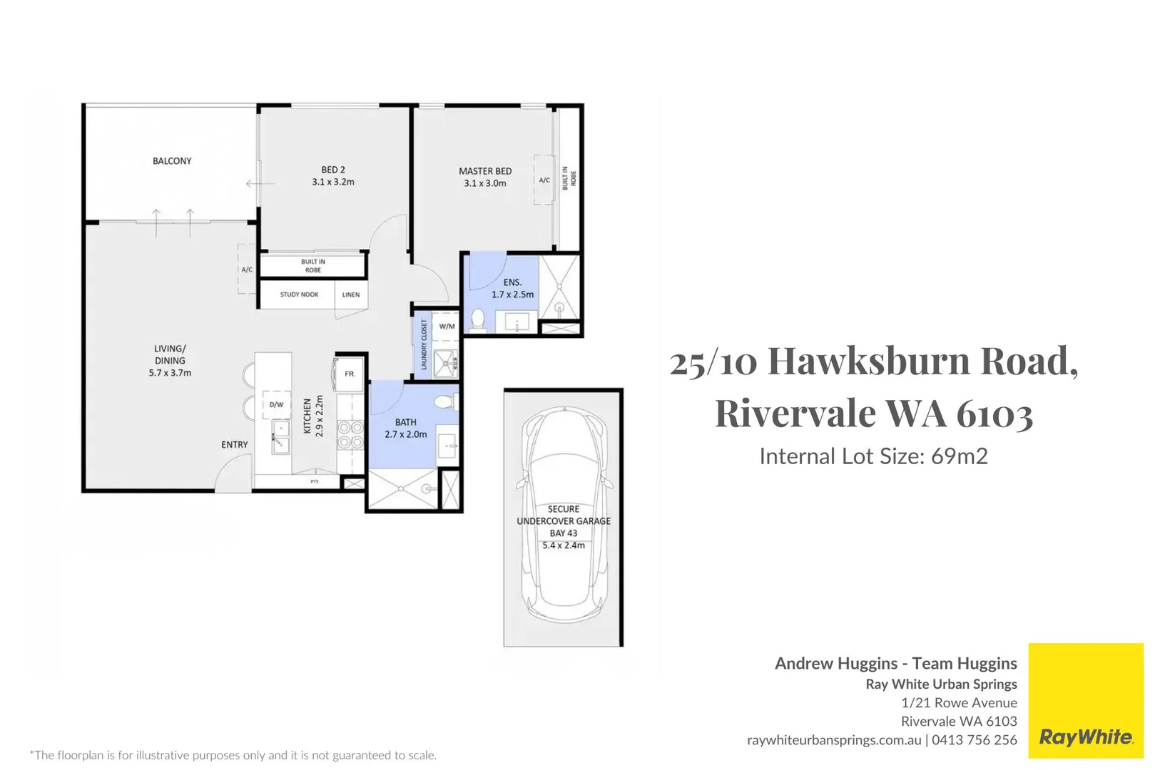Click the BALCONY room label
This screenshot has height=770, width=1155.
[172, 161]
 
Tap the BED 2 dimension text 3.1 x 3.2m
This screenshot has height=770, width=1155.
[332, 182]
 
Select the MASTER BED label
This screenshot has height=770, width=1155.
[485, 171]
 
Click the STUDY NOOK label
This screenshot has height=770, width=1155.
[299, 294]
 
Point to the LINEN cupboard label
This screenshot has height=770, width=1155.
[351, 294]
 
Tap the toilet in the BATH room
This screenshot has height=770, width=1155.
[446, 403]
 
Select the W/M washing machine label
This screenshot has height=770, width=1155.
[447, 327]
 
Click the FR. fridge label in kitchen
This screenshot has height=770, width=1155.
[350, 374]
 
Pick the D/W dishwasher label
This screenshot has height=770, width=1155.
[276, 405]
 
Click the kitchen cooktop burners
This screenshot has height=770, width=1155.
[350, 435]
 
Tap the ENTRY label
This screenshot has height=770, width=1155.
[234, 445]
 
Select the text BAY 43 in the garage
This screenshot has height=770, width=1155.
[564, 533]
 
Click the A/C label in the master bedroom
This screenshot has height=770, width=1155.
[544, 180]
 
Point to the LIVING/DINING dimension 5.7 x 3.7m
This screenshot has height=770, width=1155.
[170, 373]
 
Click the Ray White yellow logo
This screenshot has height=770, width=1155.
[1085, 701]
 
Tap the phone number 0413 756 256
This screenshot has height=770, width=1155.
[974, 740]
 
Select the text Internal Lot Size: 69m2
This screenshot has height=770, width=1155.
[873, 456]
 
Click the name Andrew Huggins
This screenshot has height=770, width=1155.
[836, 664]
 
